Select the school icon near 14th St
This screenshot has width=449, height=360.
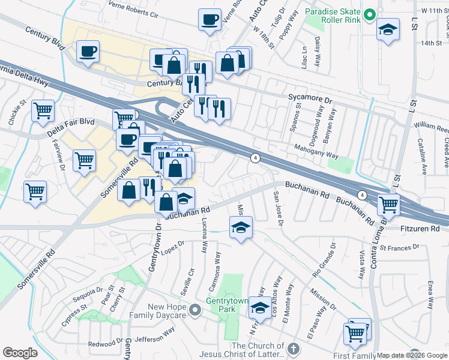(388, 29)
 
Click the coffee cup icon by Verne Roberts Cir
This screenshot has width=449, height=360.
(209, 19)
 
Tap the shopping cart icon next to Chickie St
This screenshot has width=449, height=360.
(43, 110)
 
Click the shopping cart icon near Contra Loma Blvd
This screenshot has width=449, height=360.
(388, 205)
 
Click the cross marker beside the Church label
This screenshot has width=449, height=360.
(294, 349)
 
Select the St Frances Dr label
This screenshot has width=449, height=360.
(399, 248)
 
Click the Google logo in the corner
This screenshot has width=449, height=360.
(20, 353)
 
